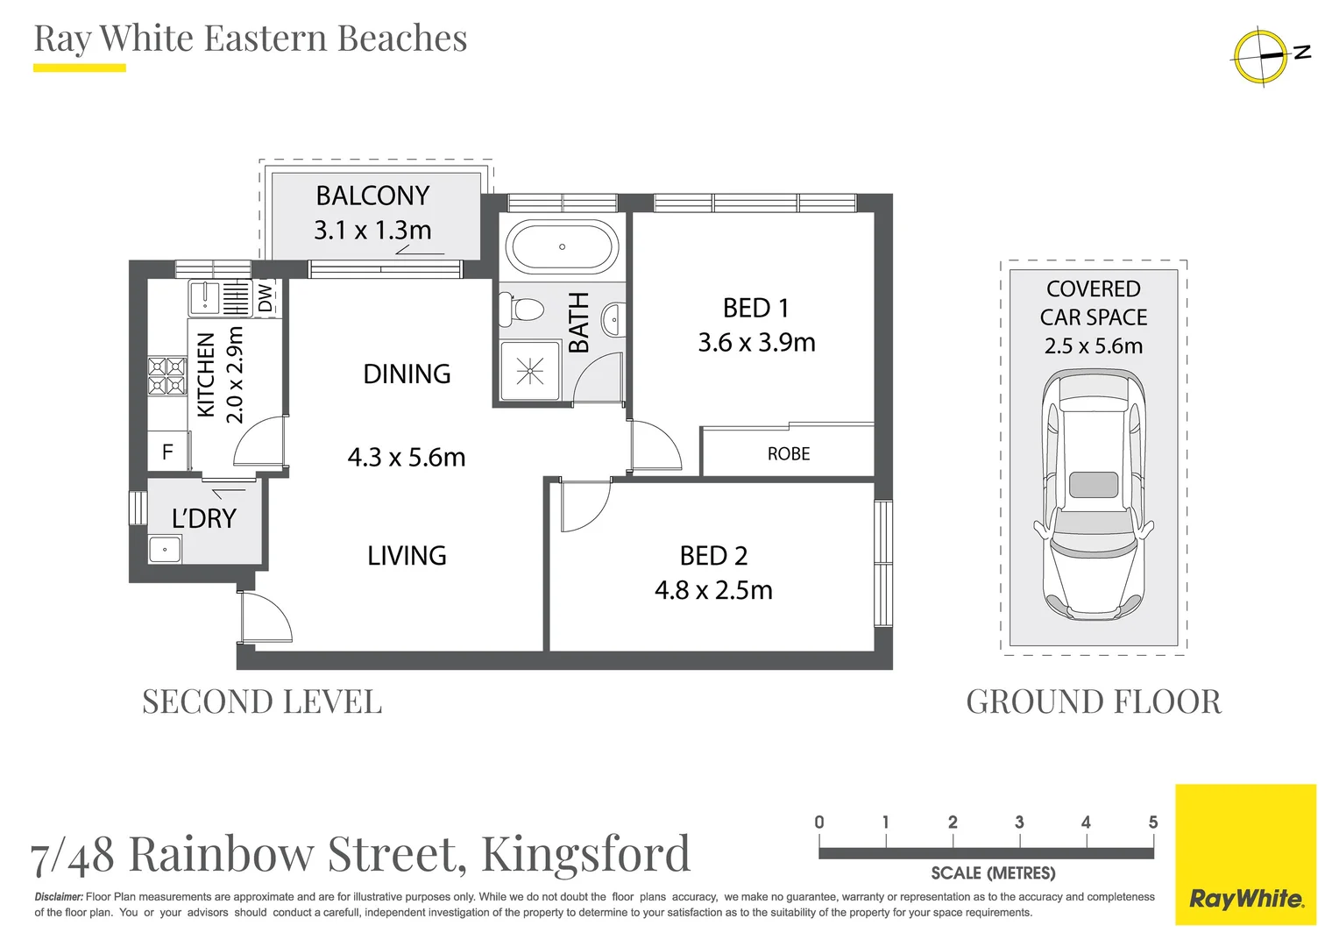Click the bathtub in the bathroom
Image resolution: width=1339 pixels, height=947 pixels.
[562, 246]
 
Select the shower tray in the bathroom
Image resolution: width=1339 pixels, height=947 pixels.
[529, 371]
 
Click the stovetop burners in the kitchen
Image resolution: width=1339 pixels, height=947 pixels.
[166, 376]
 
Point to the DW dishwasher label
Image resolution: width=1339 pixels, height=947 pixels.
[266, 297]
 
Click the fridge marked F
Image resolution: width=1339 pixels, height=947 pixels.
[167, 452]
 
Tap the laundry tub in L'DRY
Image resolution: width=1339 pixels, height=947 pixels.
[165, 550]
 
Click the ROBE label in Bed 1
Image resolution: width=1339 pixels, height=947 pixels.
[788, 453]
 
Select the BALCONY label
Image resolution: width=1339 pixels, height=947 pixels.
[372, 196]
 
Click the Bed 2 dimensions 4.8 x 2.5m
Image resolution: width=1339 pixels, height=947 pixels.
[713, 590]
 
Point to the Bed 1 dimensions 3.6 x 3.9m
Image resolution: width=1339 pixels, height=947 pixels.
[756, 342]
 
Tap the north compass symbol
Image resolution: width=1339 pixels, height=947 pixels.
[1262, 57]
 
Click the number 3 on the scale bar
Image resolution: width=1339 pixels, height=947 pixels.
[1019, 822]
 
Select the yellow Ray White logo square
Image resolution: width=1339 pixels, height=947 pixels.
[1245, 854]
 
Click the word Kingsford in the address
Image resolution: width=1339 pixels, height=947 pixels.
[586, 853]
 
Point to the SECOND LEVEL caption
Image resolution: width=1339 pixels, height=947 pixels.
[262, 701]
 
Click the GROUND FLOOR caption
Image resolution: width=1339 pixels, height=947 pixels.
[1093, 701]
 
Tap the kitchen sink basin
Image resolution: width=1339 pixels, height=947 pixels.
[204, 297]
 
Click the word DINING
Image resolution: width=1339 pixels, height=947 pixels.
[407, 374]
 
